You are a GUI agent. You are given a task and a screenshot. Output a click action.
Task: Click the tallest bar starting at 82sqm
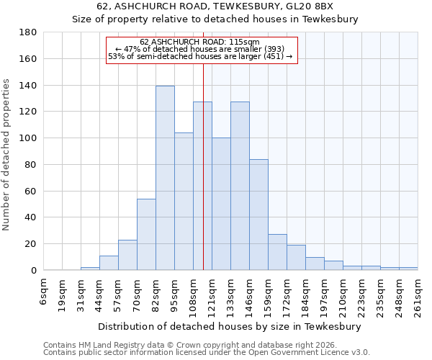[x=165, y=178]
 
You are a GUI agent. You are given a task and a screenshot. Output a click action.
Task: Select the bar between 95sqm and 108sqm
[x=184, y=202]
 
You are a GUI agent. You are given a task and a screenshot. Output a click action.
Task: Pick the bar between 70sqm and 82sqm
[x=146, y=234]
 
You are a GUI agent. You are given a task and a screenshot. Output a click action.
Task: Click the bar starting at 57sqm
[x=127, y=255]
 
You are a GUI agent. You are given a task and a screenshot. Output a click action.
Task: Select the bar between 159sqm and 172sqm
[x=277, y=252]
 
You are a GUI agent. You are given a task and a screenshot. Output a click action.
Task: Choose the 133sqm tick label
[x=231, y=294]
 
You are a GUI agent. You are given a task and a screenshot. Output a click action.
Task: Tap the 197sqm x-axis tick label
[x=324, y=294]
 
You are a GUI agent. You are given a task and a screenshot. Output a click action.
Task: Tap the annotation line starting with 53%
[x=200, y=56]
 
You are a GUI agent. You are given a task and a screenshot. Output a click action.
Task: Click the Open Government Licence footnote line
[x=207, y=353]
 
